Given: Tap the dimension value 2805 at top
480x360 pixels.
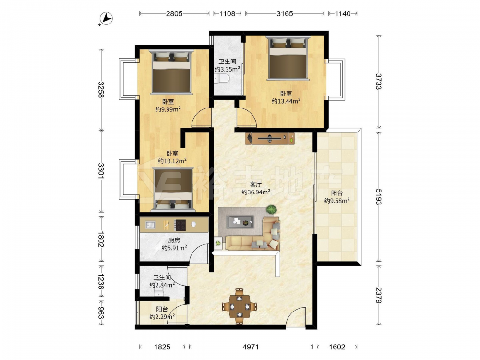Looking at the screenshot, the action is point(174,13).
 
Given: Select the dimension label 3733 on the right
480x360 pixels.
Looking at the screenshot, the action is point(379,82).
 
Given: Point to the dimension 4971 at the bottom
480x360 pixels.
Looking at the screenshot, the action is point(251,347).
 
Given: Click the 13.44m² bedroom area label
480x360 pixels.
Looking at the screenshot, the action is point(286,101).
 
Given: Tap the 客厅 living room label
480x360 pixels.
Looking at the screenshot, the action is point(256,184).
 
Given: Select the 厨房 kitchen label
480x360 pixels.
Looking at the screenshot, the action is point(174,240).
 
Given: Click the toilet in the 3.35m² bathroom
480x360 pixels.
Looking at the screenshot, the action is point(222,79).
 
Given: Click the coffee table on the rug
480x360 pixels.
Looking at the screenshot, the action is point(240,222).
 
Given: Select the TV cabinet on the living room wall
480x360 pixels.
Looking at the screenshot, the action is point(270,138).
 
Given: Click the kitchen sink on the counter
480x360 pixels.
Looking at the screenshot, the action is point(150,225).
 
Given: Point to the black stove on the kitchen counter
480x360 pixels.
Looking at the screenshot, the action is point(180,225).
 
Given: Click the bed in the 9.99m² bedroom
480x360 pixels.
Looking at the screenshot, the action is point(171,72).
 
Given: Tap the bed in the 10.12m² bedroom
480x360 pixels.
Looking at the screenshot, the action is point(174,189).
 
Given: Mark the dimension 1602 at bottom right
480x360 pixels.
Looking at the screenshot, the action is point(337,347).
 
